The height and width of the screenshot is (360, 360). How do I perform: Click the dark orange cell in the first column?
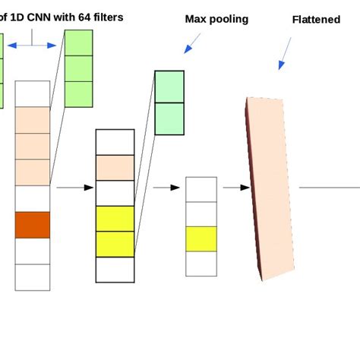point(32,225)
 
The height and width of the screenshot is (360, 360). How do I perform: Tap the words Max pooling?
point(216,19)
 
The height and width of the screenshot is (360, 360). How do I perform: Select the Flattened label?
point(316,20)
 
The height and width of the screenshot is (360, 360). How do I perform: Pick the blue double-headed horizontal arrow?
point(32,46)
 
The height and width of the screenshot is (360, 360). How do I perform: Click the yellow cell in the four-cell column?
point(201,238)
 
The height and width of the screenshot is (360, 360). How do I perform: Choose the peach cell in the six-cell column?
point(115,168)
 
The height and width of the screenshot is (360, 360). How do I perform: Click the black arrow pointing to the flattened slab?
point(236,188)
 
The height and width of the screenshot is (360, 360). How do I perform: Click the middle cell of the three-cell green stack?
point(79,68)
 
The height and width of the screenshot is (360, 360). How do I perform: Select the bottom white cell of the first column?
point(32,276)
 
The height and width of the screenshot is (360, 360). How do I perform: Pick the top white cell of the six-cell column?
point(115,142)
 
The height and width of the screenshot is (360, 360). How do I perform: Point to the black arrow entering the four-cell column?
point(161,188)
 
